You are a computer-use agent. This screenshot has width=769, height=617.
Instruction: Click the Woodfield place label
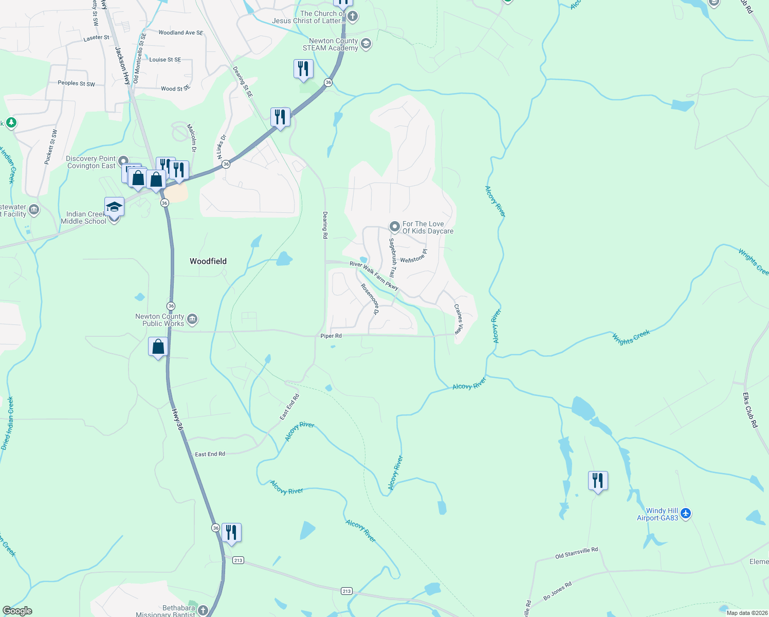tap(208, 261)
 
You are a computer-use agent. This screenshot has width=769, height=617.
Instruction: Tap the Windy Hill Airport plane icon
tap(686, 513)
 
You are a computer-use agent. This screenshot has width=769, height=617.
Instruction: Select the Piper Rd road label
tap(331, 336)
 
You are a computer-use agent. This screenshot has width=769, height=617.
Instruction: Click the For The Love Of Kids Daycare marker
tap(394, 227)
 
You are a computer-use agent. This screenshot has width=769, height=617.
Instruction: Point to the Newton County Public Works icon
tap(192, 319)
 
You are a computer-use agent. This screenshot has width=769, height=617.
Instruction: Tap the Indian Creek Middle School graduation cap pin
tap(114, 207)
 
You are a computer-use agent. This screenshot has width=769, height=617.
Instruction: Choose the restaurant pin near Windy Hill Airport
tap(597, 481)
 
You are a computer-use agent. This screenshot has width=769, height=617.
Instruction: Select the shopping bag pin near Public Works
tap(158, 347)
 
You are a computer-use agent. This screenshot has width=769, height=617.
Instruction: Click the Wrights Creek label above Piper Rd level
tap(631, 336)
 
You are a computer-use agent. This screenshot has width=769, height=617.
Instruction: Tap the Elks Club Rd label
tap(750, 410)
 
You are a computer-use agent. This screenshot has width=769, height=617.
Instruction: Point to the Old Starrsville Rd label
tap(576, 553)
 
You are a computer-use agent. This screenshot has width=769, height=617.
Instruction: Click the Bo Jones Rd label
tap(557, 591)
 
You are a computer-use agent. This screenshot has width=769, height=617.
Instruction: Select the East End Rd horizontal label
tap(210, 454)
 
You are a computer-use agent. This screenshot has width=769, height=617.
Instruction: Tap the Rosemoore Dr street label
tap(370, 299)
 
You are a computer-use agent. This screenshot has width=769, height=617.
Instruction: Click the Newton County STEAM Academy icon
tap(365, 44)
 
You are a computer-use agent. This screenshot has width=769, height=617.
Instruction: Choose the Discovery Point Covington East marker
tap(123, 161)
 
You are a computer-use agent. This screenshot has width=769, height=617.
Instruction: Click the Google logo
tap(17, 610)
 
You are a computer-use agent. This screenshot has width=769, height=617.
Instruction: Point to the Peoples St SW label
tap(76, 83)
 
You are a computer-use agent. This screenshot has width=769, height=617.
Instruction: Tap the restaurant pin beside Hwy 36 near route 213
tap(231, 533)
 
